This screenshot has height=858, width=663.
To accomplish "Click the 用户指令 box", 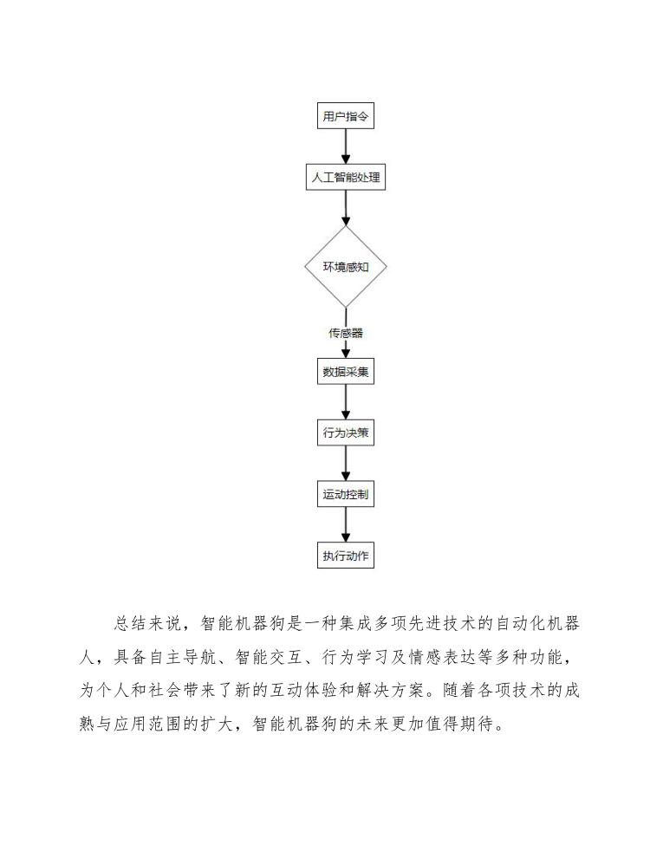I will (345, 116).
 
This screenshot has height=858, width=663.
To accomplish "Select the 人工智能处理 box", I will (345, 178).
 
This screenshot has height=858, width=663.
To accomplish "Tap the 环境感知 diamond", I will (345, 266).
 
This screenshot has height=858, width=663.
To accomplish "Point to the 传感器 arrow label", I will (345, 333).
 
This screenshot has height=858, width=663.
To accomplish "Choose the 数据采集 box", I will (345, 373).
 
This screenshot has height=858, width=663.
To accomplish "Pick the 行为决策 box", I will (345, 433).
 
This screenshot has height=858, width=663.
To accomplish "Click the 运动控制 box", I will (345, 495).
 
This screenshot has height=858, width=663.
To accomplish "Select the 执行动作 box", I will (345, 556).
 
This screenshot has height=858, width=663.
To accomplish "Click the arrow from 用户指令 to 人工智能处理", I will (345, 146).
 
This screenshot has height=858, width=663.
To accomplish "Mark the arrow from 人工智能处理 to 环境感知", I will (345, 208).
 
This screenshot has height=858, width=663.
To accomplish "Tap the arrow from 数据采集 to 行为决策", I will (345, 403).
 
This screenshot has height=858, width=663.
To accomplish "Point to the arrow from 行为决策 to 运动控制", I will (345, 465).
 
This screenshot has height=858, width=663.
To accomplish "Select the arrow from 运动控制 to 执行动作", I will (345, 525).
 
